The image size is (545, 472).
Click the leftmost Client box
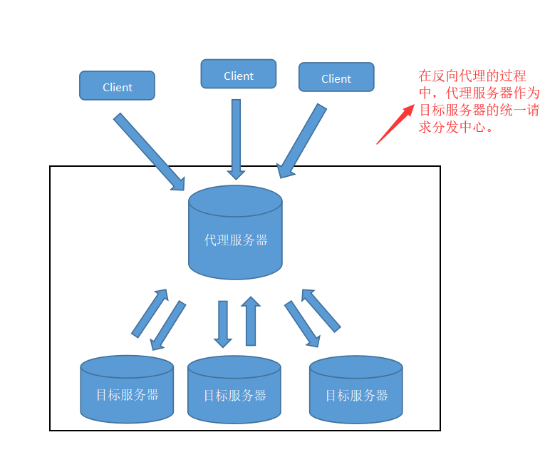(x=117, y=86)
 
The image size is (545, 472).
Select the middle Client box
(x=238, y=74)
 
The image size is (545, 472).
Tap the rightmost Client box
(x=336, y=77)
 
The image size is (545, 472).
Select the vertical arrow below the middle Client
(x=236, y=139)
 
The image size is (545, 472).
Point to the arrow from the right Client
(x=302, y=141)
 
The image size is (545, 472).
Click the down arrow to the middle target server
(x=223, y=324)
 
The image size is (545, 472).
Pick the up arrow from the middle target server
(x=250, y=322)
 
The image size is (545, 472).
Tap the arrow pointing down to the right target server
(x=302, y=324)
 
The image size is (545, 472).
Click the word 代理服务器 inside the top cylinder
(x=236, y=240)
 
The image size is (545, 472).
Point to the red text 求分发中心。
(x=456, y=129)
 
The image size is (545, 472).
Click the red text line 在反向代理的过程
(x=472, y=76)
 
